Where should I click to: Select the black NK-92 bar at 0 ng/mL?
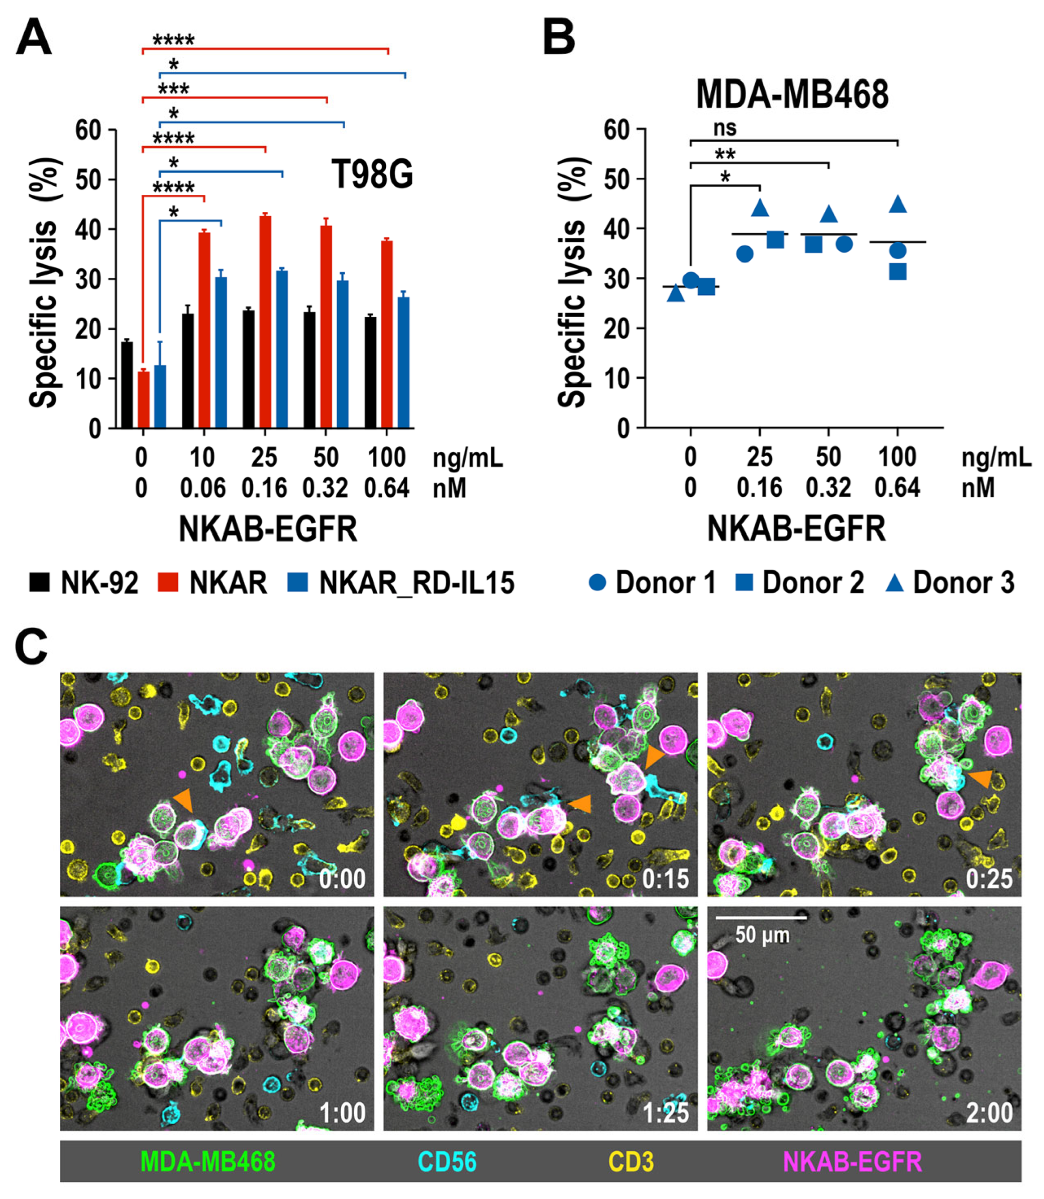[127, 385]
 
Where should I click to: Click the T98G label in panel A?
[372, 174]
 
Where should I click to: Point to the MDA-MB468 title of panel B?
[792, 94]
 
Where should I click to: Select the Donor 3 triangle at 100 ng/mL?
[898, 204]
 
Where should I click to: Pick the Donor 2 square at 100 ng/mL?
[898, 271]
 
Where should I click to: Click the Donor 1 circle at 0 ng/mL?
[691, 281]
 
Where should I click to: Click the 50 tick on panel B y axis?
[618, 179]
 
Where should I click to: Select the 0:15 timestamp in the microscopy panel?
[665, 878]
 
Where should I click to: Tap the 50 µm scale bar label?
[762, 935]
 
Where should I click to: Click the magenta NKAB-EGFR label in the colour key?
[852, 1162]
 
